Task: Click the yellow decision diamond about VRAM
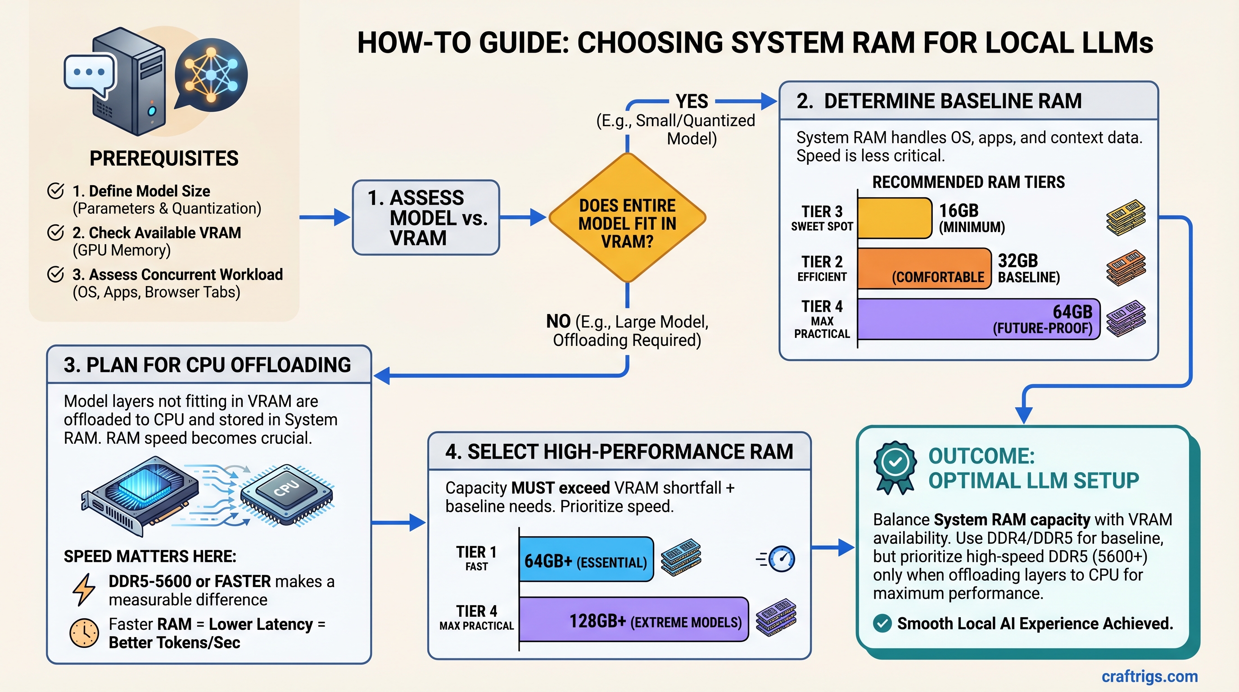(627, 218)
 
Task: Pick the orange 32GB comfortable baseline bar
(923, 269)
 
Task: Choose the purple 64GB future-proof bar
(978, 319)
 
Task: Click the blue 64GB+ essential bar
(586, 559)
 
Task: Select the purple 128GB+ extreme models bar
(633, 619)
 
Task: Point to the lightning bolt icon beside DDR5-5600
(84, 589)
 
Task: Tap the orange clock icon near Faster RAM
(84, 633)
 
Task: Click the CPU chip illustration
(287, 493)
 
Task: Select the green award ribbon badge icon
(895, 467)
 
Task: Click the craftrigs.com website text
(1149, 676)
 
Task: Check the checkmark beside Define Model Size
(56, 191)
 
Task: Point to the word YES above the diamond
(692, 101)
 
